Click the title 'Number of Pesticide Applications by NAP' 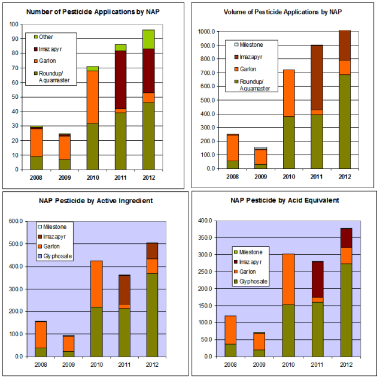[x=92, y=11]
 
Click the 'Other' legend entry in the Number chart [x=46, y=37]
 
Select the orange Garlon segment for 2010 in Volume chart [x=289, y=93]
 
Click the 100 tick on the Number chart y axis [x=13, y=25]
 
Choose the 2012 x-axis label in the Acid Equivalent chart [x=345, y=364]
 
